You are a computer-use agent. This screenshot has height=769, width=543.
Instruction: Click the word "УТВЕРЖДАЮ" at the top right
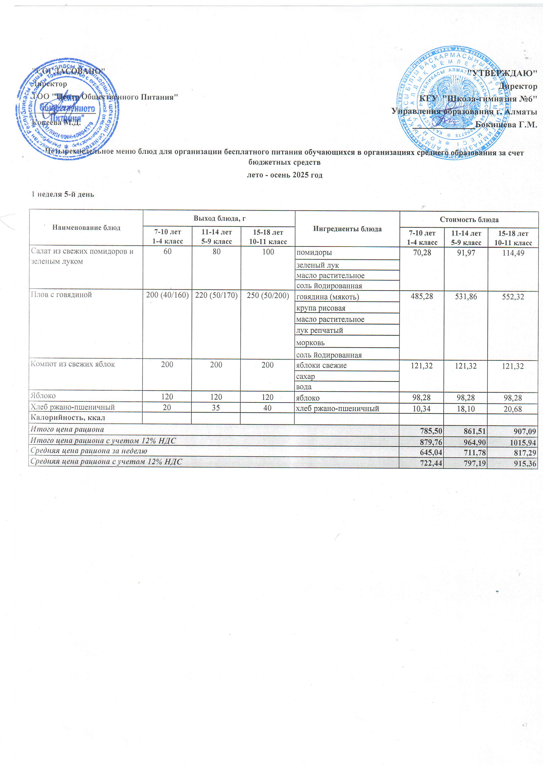point(502,73)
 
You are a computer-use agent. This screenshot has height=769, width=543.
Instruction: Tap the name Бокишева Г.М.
point(506,125)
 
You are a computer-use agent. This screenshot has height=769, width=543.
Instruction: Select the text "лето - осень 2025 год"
point(284,175)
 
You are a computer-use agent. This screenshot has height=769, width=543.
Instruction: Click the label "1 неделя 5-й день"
point(63,194)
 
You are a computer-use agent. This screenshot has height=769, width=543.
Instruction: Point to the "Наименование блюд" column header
point(86,228)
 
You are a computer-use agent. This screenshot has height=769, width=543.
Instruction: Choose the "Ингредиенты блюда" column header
point(347,229)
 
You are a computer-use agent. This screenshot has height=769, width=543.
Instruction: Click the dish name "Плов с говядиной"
point(61,295)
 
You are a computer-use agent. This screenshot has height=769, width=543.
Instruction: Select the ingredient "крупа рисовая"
point(321,308)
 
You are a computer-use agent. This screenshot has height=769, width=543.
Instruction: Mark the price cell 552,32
point(513,297)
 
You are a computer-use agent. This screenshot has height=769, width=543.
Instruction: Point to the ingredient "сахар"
point(305,376)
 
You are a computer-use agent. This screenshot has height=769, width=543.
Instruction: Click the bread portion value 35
point(216,408)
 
